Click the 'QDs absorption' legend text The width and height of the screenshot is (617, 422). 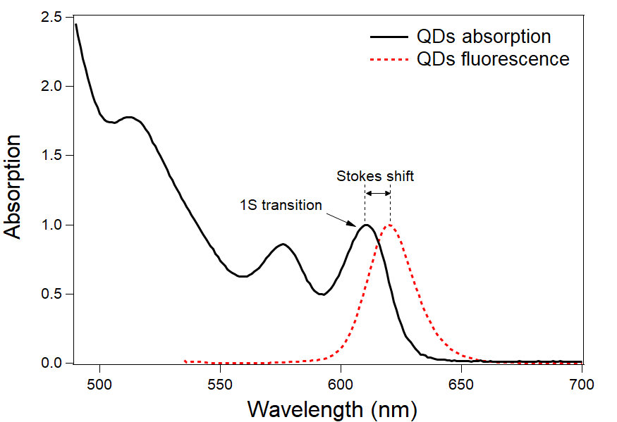pos(484,36)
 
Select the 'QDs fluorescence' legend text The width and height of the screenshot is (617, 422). pos(493,59)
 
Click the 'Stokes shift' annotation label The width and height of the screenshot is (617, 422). pos(375,176)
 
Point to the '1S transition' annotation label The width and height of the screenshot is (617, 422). pos(280,205)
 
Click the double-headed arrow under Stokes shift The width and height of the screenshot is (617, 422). pos(378,194)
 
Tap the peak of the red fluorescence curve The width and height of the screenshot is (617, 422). pos(390,225)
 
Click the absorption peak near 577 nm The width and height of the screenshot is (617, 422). pos(283,244)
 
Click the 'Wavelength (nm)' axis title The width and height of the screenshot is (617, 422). pos(332,408)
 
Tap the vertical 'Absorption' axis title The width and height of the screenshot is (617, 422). pos(14,187)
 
